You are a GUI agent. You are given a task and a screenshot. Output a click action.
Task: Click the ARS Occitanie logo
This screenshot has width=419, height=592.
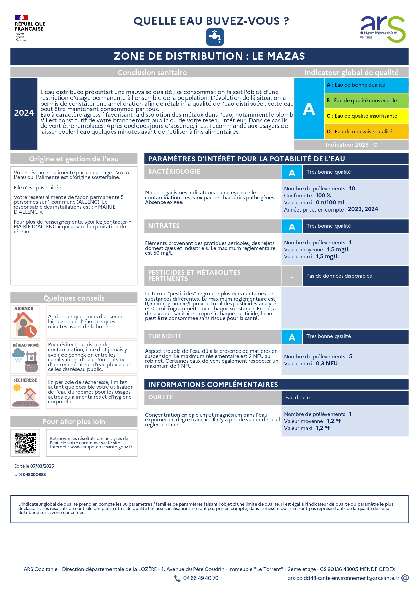pos(383,29)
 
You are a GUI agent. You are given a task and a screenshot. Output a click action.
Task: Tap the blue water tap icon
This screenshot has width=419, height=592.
pos(215,37)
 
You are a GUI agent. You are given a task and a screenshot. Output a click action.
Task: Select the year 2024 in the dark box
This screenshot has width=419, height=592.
pos(24,113)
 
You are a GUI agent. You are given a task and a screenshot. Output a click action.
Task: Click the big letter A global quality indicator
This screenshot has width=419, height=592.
pos(309,109)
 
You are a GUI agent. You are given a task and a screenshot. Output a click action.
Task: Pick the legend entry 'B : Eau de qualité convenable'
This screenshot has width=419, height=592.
pos(366,101)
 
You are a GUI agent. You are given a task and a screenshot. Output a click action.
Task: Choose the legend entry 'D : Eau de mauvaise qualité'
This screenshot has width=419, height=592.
pos(366,132)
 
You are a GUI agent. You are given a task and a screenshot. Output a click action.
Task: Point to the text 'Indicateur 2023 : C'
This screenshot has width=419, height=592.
pos(351,145)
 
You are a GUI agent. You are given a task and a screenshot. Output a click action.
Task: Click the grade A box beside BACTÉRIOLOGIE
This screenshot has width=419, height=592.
pos(292,173)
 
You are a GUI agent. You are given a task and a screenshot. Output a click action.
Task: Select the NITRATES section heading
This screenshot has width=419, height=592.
pos(164,226)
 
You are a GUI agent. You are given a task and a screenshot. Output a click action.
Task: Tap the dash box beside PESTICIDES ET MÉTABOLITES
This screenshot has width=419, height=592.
pos(292,277)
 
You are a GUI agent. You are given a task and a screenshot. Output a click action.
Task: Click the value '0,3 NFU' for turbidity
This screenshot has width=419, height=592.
pos(326,364)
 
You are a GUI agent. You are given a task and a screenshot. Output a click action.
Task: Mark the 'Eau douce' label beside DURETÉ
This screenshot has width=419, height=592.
pos(297,398)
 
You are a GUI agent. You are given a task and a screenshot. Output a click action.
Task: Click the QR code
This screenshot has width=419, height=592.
pos(25,443)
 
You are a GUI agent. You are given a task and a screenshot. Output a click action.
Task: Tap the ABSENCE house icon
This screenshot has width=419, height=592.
pos(25,324)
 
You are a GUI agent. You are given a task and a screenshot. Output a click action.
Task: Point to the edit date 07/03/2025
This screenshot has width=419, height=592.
pos(42,466)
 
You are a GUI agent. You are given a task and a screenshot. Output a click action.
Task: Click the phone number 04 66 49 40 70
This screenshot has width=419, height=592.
pos(201,578)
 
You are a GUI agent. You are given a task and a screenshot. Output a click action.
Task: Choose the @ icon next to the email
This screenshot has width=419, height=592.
pos(405,578)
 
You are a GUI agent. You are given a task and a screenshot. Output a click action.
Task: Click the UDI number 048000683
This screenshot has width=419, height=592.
pos(34,475)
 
